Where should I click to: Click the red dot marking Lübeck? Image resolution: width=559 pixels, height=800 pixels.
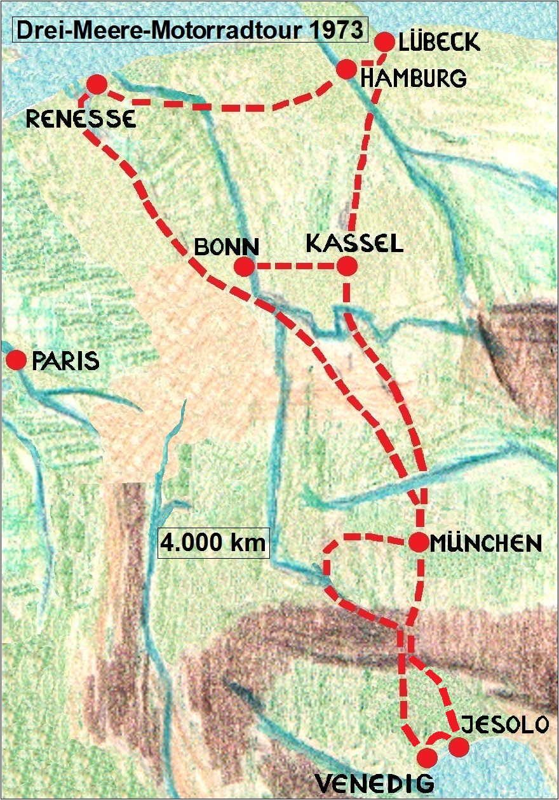tap(384, 42)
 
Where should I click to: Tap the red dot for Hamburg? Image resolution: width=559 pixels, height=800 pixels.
tap(346, 69)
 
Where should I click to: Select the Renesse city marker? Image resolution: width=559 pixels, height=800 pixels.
tap(96, 84)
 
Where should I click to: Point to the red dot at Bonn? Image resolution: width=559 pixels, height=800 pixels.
tap(244, 267)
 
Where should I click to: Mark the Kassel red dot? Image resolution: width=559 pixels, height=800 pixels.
tap(347, 267)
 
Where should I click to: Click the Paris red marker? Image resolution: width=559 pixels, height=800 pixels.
tap(15, 361)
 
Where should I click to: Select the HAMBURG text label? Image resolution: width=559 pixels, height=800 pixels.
tap(413, 78)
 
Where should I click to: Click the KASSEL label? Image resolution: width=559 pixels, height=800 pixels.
tap(354, 244)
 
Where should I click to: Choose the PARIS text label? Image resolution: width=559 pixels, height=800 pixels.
tap(65, 361)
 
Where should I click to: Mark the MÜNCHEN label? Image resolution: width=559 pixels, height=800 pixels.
tap(485, 543)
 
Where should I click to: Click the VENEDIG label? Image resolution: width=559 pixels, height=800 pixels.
tap(375, 783)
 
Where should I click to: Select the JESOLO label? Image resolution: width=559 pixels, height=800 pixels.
tap(504, 724)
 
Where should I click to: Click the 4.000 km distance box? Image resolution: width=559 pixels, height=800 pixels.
tap(214, 543)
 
